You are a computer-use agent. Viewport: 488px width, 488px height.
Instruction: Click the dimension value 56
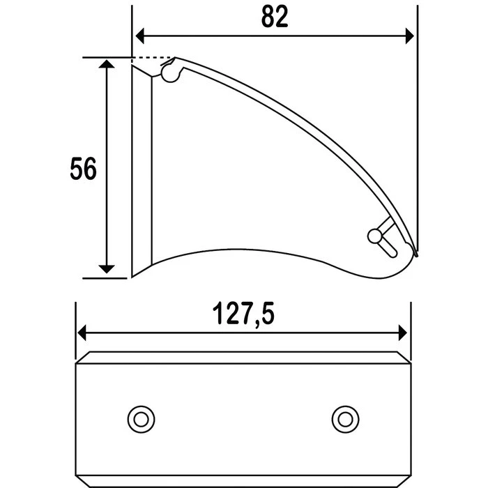coord(83,169)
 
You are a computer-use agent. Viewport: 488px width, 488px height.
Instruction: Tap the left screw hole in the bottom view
coord(141,418)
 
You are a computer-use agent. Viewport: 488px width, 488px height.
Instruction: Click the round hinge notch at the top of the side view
coord(169,73)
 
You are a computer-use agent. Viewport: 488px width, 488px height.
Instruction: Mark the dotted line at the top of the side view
coord(153,58)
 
